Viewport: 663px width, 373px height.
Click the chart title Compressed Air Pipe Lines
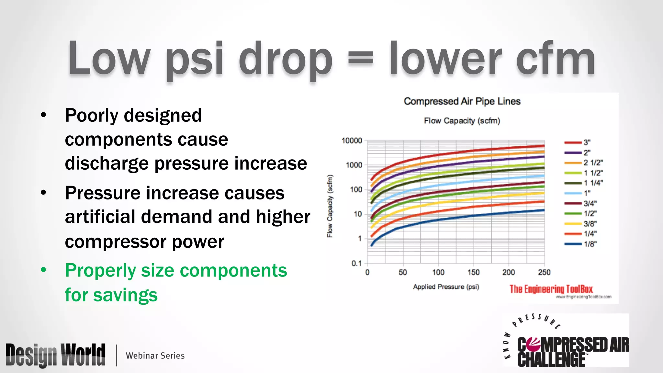(462, 101)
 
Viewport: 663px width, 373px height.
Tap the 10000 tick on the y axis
(352, 141)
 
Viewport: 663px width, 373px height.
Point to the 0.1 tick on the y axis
(356, 263)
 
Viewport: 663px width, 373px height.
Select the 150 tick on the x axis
(473, 272)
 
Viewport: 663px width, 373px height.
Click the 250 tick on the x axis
(544, 272)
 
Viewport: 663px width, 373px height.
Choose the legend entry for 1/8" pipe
(581, 244)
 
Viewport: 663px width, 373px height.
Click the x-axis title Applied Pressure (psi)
(446, 287)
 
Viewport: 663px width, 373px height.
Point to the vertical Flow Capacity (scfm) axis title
(330, 206)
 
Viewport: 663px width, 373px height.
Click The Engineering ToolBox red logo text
(551, 289)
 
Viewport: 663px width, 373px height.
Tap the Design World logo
(55, 355)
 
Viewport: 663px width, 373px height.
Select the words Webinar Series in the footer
(155, 356)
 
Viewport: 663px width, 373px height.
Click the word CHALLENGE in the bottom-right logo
(551, 360)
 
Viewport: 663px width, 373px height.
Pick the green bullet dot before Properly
(43, 270)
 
